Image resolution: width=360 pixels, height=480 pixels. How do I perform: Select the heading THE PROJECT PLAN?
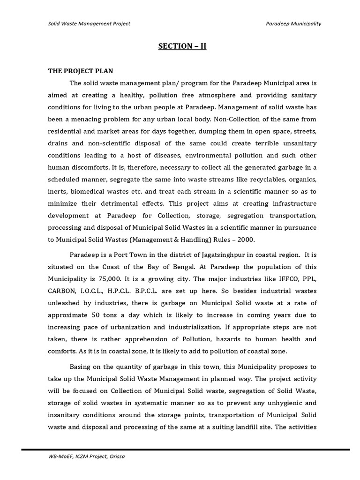pyautogui.click(x=81, y=71)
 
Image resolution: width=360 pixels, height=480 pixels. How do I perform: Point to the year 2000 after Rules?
pyautogui.click(x=245, y=240)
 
